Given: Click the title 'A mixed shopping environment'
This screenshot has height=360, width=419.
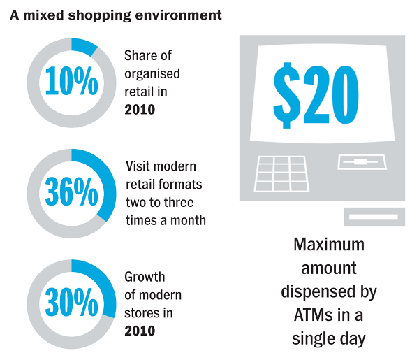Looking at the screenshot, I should (x=116, y=14).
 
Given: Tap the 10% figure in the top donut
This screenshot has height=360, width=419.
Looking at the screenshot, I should (x=71, y=82).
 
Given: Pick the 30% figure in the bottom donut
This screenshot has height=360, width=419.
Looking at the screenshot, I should (x=71, y=302).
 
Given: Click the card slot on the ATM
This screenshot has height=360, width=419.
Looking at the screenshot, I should (x=360, y=162).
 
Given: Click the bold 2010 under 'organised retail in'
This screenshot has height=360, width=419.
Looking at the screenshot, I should (x=140, y=109).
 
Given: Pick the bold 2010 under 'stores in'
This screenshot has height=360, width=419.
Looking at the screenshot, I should (x=140, y=330).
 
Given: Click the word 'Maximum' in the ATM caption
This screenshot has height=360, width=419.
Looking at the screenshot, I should (x=329, y=246).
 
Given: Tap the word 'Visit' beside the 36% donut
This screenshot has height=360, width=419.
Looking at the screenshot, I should (x=138, y=167).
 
